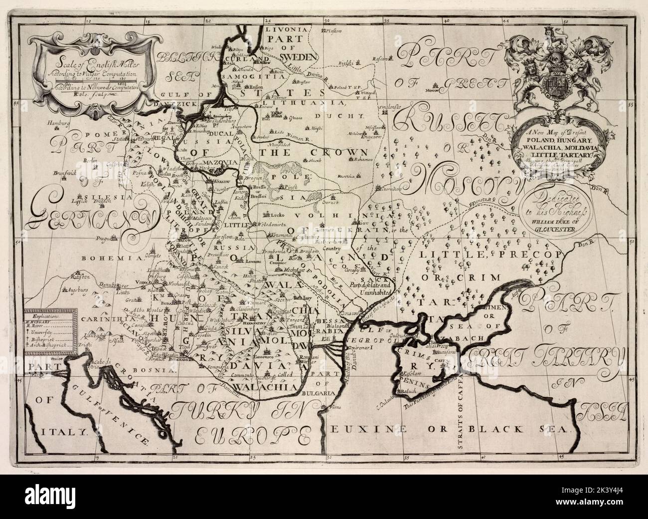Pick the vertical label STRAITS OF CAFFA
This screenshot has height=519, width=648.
(460, 409)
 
